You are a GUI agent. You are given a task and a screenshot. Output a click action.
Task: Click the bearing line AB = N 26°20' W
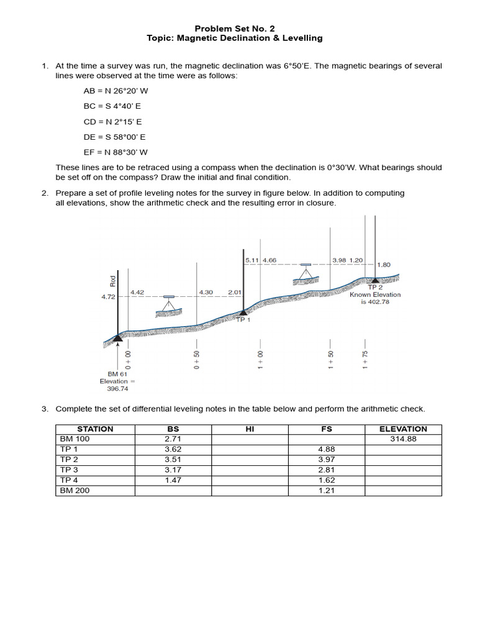(x=116, y=91)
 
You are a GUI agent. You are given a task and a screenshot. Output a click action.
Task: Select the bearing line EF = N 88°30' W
(x=116, y=152)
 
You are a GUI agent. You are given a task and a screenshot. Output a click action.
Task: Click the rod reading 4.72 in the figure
(x=108, y=298)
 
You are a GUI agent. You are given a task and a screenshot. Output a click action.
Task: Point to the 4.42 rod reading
(x=137, y=292)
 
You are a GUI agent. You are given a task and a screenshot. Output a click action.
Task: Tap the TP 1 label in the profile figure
(x=243, y=320)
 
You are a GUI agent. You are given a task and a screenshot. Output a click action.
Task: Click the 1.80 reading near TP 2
(x=384, y=265)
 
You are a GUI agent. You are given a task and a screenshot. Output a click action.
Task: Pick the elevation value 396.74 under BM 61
(x=117, y=388)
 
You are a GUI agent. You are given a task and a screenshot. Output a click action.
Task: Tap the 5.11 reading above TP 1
(x=252, y=260)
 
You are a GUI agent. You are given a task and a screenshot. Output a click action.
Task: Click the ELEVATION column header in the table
(x=403, y=429)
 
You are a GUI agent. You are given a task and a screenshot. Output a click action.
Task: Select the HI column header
(x=250, y=429)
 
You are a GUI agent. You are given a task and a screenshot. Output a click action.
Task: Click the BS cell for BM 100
(x=173, y=438)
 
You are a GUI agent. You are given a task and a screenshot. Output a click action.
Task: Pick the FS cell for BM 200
(x=326, y=491)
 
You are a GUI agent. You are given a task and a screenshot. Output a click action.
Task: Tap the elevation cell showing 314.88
(x=403, y=438)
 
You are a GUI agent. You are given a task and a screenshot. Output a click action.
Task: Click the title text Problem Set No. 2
(x=234, y=28)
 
